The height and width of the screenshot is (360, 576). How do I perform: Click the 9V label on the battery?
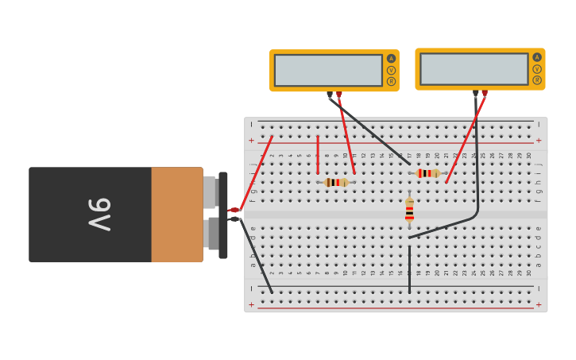tap(99, 215)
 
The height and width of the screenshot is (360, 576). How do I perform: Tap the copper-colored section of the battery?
tap(176, 215)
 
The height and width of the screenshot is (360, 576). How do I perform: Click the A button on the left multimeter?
tap(391, 59)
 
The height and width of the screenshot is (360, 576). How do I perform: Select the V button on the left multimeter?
tap(391, 70)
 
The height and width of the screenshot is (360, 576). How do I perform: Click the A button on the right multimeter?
tap(537, 57)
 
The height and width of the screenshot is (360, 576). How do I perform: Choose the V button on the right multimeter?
tap(537, 68)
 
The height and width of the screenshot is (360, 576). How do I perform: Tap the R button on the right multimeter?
tap(537, 79)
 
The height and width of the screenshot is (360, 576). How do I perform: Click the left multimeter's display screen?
tap(328, 70)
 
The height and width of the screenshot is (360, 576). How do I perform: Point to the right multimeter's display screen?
tap(474, 69)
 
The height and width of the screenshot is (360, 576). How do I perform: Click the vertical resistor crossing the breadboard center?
tap(409, 211)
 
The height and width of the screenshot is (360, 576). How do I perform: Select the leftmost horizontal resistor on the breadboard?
tap(335, 182)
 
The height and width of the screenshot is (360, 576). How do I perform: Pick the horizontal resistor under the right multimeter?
tap(427, 173)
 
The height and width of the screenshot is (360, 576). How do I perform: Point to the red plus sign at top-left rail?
tap(252, 140)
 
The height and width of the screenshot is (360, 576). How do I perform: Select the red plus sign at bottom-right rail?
tap(539, 304)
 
